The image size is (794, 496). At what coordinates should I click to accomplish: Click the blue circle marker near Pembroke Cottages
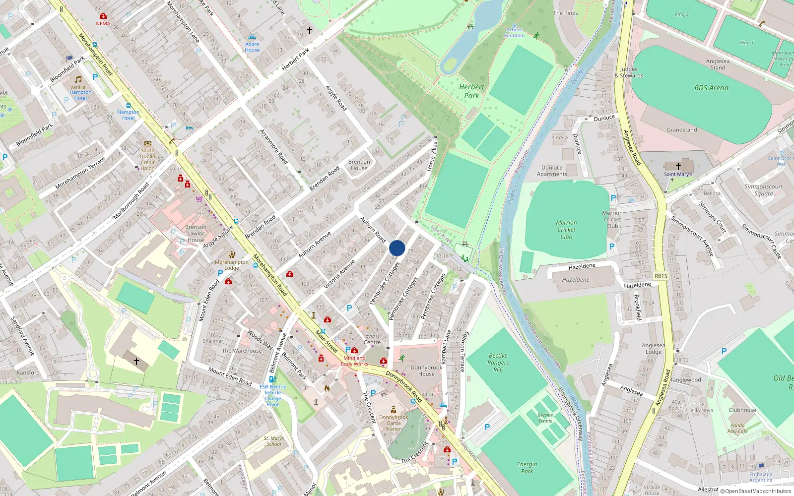coord(397,248)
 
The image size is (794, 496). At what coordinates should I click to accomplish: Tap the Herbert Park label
coord(471,91)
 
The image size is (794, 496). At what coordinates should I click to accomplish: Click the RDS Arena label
coord(711,88)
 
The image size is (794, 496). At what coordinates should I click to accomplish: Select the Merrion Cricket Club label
coord(566,230)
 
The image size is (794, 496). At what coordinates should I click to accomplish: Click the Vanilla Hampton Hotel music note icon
coord(78,79)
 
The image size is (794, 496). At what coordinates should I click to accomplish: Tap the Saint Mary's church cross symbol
coord(678,166)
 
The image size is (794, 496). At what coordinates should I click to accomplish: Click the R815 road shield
coord(661,276)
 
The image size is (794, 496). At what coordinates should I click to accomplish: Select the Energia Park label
coord(527,468)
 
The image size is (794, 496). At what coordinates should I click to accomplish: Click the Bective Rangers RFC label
coord(498,363)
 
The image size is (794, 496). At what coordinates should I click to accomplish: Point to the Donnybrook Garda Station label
coord(394,423)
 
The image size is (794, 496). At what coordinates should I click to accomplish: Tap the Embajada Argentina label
coord(761,477)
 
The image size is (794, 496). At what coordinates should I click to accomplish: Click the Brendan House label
coord(359,165)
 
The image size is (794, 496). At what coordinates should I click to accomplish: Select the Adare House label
coord(252,47)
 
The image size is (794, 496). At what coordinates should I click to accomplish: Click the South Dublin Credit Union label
coord(147,159)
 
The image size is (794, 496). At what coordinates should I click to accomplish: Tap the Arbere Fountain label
coord(514,33)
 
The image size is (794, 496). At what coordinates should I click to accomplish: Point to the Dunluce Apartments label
coord(552,171)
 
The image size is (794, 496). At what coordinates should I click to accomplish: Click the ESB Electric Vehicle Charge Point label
coord(272,395)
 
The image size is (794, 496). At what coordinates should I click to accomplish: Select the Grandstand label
coord(681,130)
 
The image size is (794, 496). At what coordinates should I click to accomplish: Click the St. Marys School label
coord(273,441)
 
